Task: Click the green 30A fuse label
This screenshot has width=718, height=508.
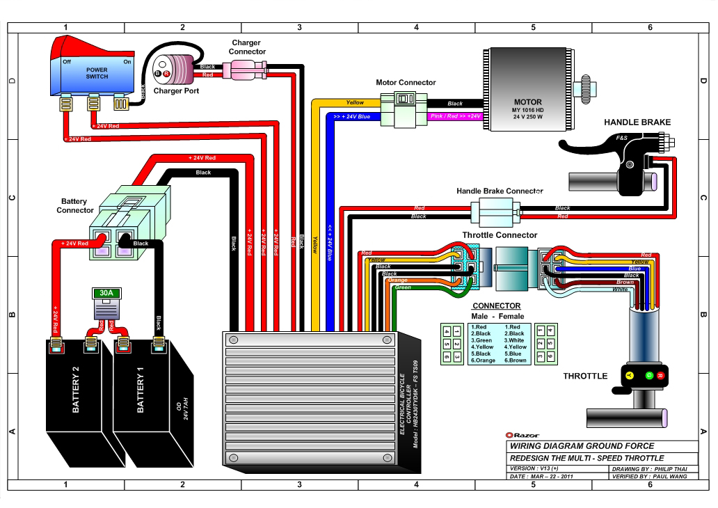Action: point(107,294)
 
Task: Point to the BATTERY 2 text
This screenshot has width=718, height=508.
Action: point(76,394)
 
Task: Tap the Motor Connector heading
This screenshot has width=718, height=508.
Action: point(406,82)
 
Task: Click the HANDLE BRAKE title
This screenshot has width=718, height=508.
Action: point(637,122)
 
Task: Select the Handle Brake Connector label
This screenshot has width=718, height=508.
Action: point(499,191)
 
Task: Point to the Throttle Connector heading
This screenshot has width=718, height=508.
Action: point(500,235)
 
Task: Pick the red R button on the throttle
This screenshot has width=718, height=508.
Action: point(660,376)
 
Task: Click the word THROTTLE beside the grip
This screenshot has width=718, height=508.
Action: point(584,376)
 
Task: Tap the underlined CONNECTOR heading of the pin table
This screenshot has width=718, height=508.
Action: point(496,305)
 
